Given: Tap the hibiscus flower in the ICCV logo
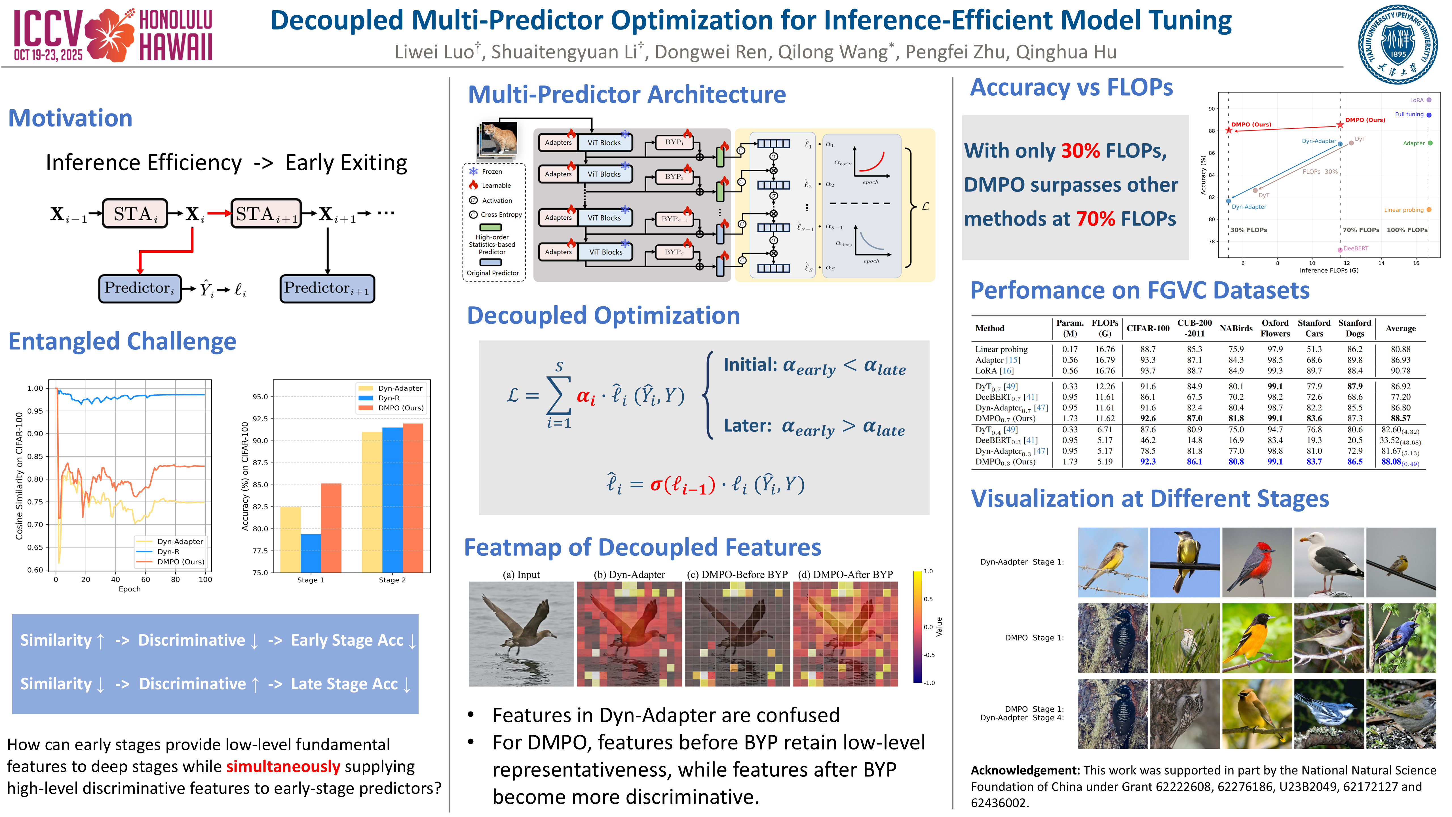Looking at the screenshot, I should (111, 35).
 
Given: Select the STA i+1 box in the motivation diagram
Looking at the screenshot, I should (266, 214).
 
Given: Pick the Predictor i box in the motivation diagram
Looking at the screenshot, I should (140, 289).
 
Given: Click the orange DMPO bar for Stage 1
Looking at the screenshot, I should (331, 528).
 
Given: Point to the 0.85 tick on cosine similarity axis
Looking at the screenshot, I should (35, 456).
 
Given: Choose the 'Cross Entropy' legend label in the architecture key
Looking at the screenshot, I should (501, 215).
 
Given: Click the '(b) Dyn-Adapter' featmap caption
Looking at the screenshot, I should (629, 574).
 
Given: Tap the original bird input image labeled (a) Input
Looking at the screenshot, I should (521, 634).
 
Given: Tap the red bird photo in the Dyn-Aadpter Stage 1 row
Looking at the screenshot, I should (1256, 562).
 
